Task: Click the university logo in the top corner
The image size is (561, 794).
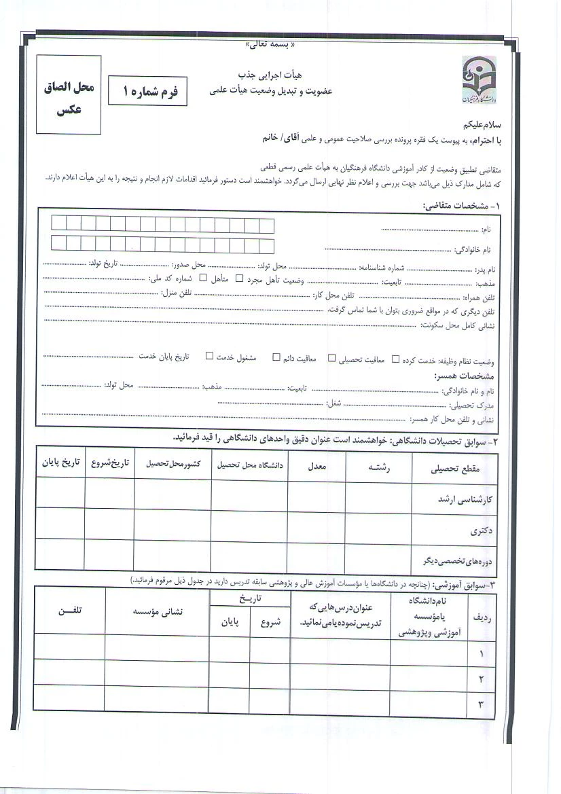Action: pos(479,80)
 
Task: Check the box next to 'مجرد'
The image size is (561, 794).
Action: pos(239,278)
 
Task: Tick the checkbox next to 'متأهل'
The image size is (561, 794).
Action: pos(202,278)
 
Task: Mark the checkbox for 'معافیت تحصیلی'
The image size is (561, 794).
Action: pos(332,357)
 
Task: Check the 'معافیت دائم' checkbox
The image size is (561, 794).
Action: pos(276,357)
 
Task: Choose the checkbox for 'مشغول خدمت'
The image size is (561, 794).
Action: pos(209,357)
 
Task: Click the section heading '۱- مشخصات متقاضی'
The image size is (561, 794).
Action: pos(459,204)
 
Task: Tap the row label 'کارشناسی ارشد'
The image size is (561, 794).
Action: pos(465,498)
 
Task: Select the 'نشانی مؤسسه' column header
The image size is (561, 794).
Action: pos(158,611)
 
